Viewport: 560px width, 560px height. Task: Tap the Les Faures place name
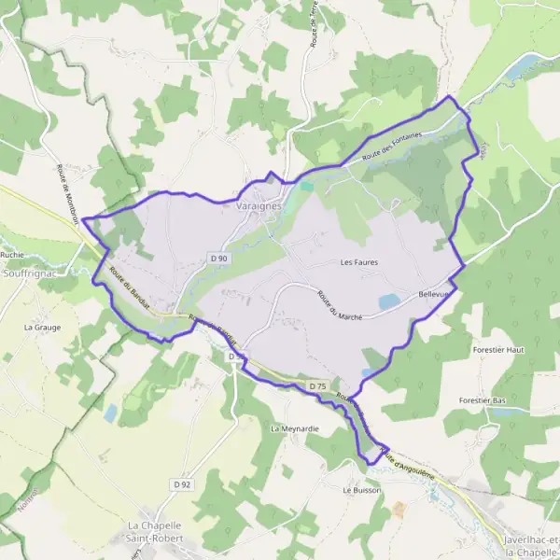pos(358,263)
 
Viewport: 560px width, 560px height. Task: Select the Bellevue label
pos(434,294)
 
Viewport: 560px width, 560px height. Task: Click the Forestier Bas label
pos(482,399)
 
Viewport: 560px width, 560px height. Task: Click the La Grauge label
pos(41,328)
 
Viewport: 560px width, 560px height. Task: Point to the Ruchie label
pos(12,254)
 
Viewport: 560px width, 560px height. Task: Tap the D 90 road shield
pos(218,258)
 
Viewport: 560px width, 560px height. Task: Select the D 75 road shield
pos(317,385)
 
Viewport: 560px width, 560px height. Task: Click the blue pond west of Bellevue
pos(388,301)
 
